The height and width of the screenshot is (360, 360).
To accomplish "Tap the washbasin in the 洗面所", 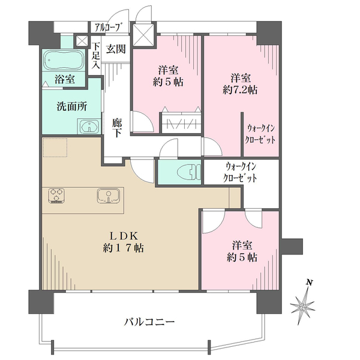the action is [89, 126].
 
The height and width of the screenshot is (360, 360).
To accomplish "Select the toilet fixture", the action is [190, 172].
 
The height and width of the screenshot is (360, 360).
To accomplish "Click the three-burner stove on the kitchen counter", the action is [56, 196].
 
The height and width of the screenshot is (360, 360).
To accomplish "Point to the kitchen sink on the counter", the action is [108, 196].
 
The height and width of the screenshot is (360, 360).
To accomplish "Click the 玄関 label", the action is [116, 49].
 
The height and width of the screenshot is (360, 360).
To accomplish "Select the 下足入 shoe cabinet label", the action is [96, 56].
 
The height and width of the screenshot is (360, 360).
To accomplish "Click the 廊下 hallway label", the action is [117, 128].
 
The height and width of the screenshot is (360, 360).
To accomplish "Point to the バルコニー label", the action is [149, 322].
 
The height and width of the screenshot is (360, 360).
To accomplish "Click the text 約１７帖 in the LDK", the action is [124, 248].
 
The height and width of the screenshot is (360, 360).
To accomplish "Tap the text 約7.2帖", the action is [240, 90].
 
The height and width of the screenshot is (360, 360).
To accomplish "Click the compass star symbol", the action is [302, 306].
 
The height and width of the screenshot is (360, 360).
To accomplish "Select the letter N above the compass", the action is [309, 283].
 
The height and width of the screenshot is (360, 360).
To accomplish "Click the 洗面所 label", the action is [72, 107].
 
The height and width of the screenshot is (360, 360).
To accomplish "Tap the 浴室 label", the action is [65, 79].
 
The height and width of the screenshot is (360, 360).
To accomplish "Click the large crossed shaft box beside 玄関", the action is [143, 34].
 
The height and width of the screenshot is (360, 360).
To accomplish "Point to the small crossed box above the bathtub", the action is [82, 41].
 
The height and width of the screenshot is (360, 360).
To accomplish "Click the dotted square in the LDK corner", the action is [55, 148].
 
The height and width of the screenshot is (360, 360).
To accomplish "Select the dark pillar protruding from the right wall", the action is [292, 247].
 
